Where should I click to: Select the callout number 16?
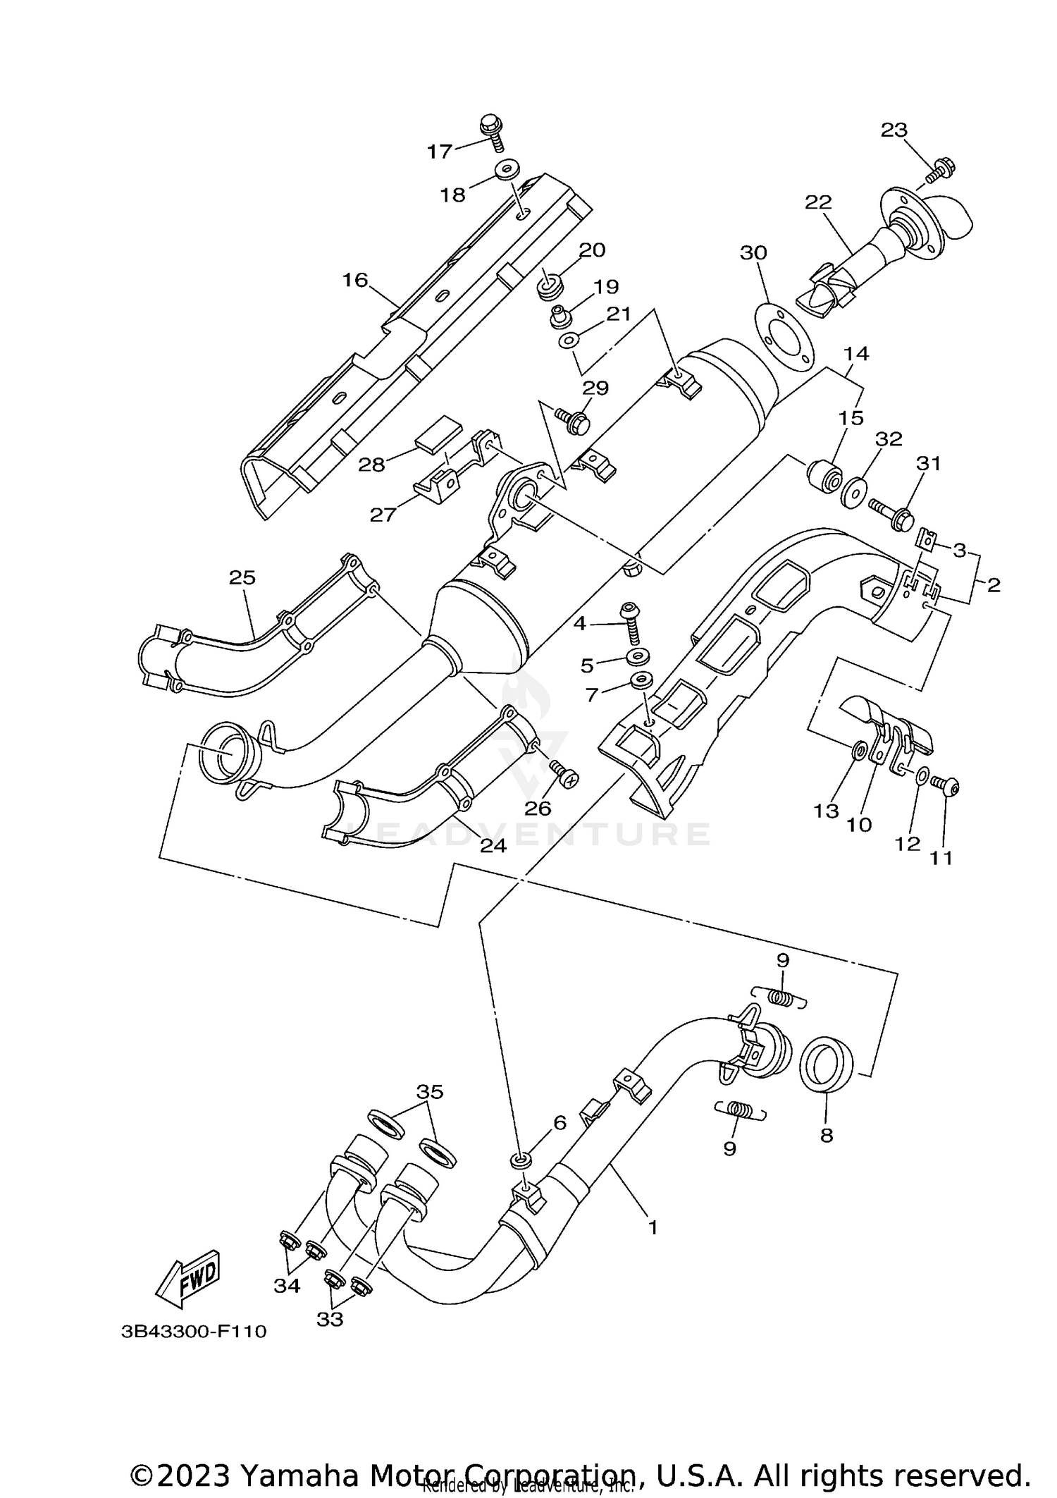(355, 281)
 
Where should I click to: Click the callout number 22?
(819, 202)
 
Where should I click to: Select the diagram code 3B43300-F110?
(194, 1332)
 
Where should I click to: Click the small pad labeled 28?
(437, 432)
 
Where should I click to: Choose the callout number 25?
(242, 578)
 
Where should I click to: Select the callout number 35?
(430, 1092)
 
